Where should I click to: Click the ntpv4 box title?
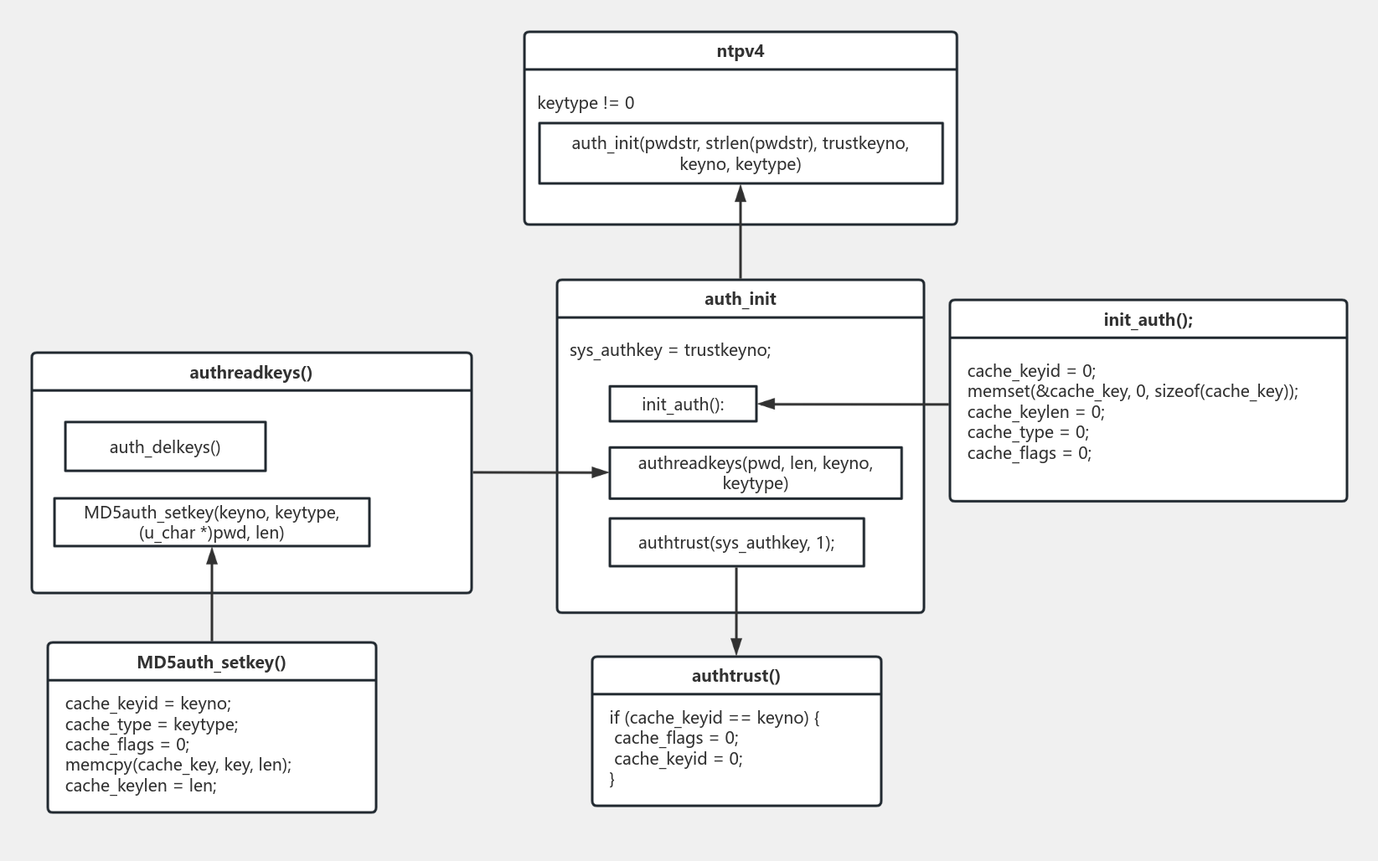741,51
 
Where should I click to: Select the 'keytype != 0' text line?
586,103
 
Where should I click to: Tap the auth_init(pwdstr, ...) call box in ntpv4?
741,153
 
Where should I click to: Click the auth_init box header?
741,299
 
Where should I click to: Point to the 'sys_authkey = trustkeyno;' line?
670,350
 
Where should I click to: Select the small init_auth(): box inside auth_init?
683,405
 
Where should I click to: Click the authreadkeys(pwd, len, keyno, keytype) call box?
755,473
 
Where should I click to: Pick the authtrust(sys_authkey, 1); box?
736,543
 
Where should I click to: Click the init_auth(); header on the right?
1148,320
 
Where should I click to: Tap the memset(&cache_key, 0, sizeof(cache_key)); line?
1133,391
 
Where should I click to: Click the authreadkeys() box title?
251,373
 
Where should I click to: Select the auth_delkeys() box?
165,447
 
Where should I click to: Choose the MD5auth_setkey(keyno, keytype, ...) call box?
212,523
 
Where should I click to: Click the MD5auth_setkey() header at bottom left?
212,663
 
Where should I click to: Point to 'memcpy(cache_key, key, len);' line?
178,765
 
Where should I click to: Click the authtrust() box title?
736,676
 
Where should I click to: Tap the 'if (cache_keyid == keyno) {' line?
715,718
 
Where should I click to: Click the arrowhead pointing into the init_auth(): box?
766,405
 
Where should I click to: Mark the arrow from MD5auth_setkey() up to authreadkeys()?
212,599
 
